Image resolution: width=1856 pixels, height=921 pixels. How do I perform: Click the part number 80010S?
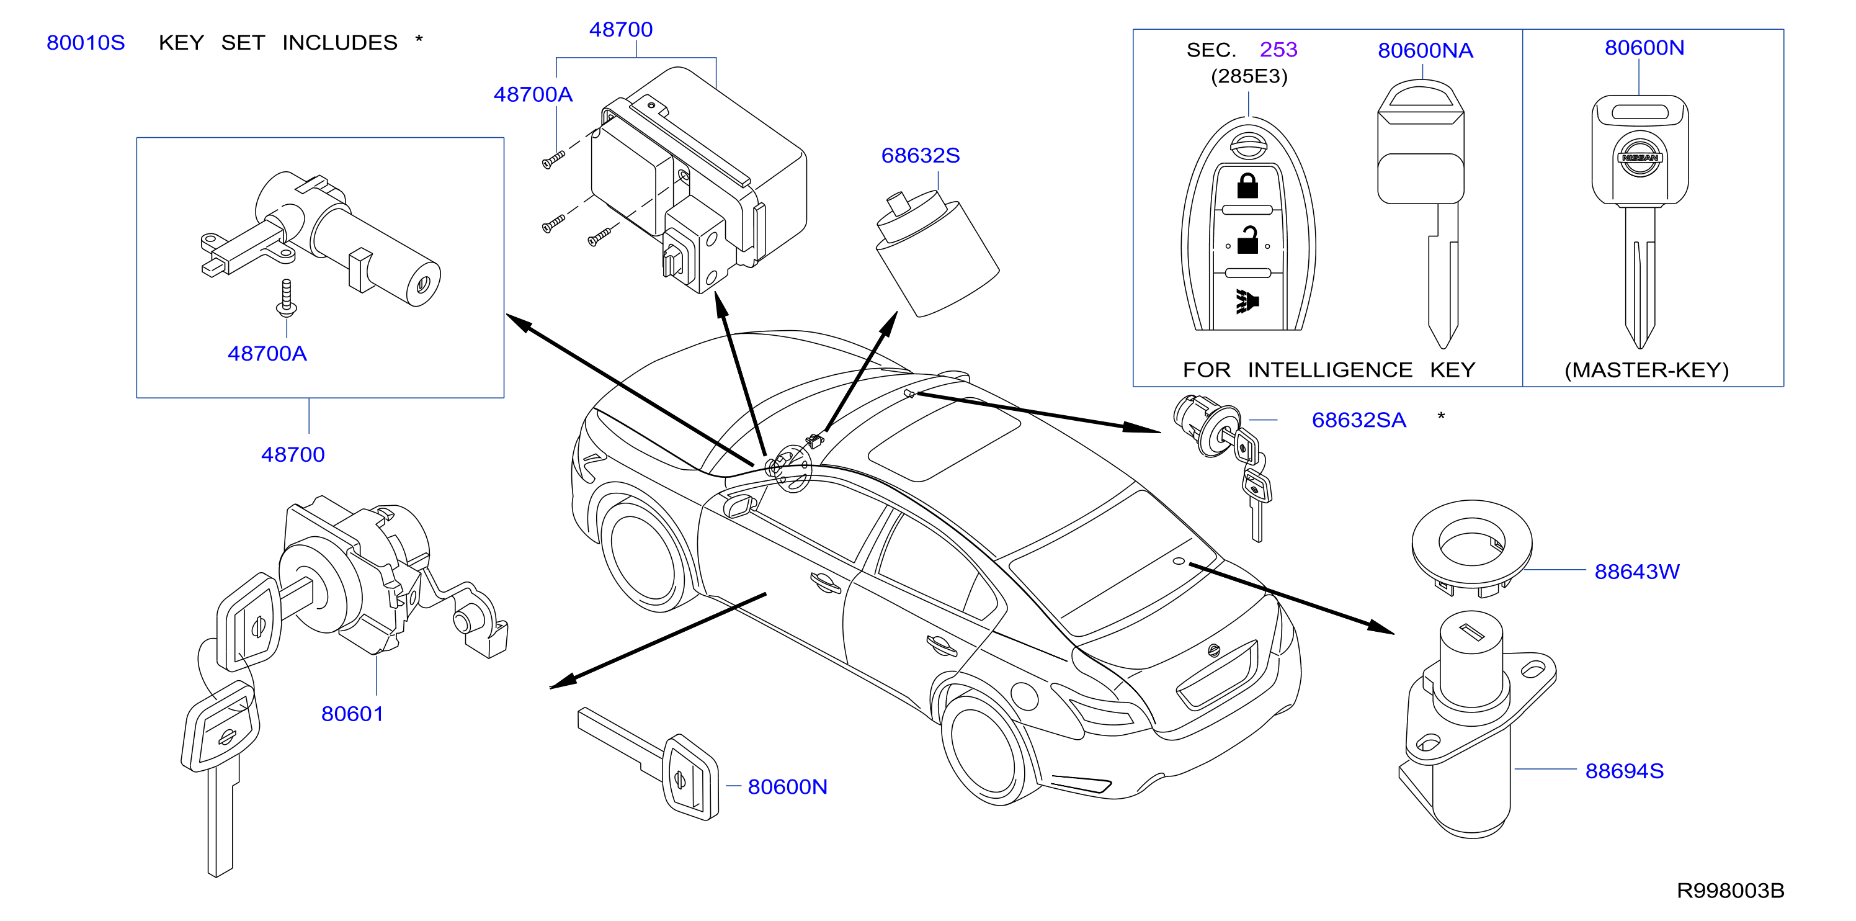[86, 43]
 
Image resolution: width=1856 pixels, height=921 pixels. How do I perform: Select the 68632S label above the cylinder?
[920, 155]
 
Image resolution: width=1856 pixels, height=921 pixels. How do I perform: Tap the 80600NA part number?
[1425, 50]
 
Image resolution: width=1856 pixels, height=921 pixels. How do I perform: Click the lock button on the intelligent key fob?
[1247, 186]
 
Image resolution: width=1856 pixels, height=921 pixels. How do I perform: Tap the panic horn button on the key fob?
[1247, 301]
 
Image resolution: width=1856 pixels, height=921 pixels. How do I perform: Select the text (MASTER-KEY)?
[1646, 371]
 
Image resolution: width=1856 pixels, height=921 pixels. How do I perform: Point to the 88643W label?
[1636, 572]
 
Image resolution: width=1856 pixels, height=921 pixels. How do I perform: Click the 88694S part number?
[1624, 771]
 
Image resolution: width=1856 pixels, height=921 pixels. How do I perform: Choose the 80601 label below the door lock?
[352, 714]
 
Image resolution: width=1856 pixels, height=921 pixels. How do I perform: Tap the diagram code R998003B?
[1730, 891]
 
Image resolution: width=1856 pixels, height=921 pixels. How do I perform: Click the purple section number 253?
[1278, 50]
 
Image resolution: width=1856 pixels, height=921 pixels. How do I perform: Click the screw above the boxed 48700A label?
[287, 299]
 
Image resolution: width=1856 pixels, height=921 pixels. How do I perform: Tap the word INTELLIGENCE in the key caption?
[1329, 371]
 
